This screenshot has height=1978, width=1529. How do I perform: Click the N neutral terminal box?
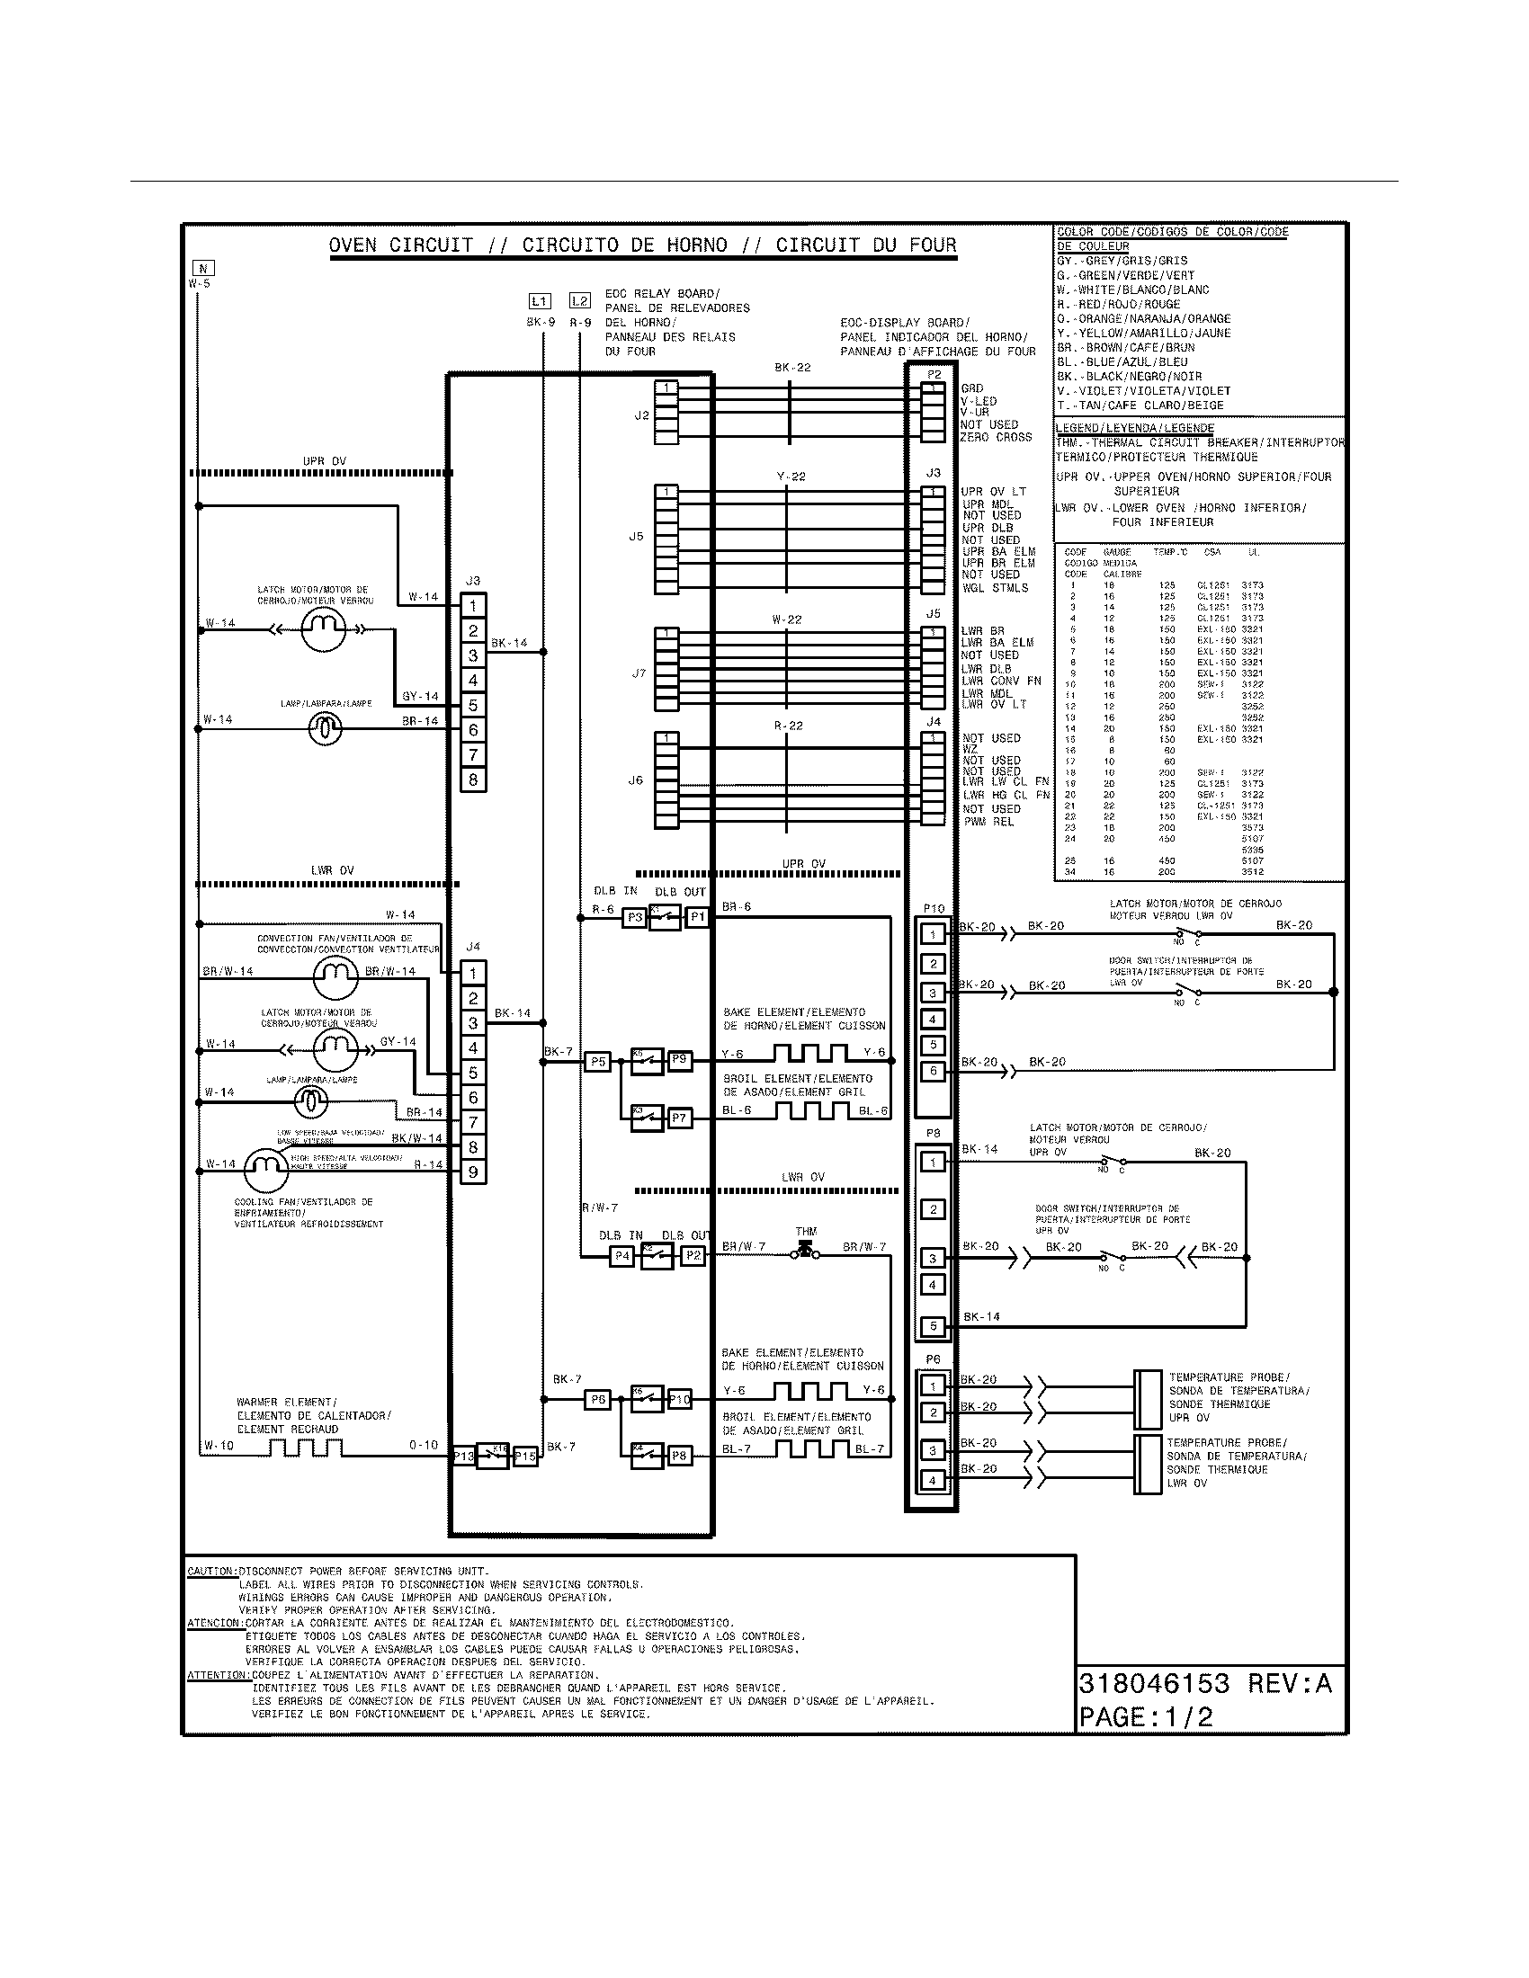click(x=203, y=268)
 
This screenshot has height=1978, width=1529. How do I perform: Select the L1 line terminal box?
click(x=539, y=300)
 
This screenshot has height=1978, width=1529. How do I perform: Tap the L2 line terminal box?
click(x=580, y=300)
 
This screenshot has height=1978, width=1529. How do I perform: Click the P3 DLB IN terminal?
click(x=634, y=917)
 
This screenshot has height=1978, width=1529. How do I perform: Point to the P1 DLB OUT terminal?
click(x=696, y=917)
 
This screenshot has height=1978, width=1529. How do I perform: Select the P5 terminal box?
click(x=597, y=1062)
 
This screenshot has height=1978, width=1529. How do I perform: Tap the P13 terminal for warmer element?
click(x=464, y=1457)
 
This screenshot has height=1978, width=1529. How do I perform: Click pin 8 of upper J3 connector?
click(x=473, y=780)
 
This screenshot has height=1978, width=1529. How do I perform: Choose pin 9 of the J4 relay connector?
click(x=473, y=1172)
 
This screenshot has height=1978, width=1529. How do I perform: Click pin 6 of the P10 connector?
click(x=933, y=1072)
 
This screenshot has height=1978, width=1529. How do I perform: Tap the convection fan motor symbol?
click(x=335, y=976)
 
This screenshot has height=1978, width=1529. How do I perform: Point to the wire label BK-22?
click(x=792, y=368)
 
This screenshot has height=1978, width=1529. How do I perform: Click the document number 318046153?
click(x=1154, y=1684)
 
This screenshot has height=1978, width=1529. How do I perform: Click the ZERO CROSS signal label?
click(x=996, y=438)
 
